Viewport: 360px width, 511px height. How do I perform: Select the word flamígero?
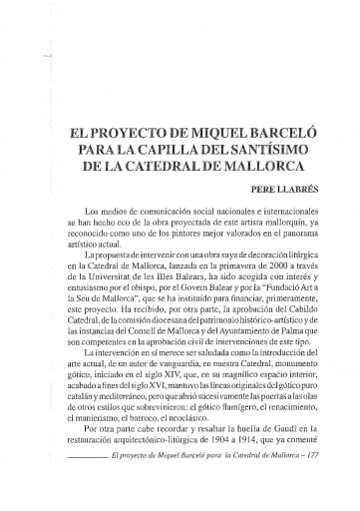click(x=208, y=395)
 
